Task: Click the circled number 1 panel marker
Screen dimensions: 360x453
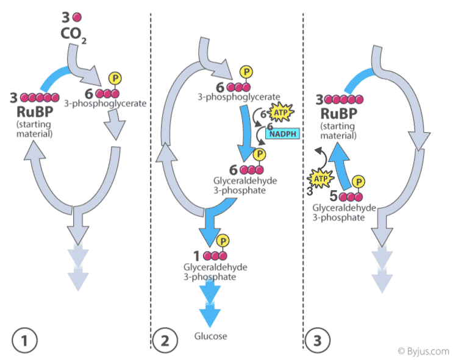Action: [26, 339]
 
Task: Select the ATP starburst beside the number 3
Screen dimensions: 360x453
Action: [321, 178]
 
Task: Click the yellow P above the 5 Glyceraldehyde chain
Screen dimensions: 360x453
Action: [360, 182]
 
